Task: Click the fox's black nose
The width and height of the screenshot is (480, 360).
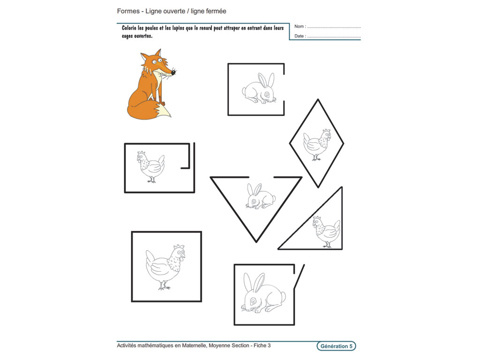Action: tap(173, 73)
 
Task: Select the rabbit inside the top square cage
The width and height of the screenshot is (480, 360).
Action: tap(258, 89)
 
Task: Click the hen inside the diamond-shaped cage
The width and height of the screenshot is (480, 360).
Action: tap(316, 144)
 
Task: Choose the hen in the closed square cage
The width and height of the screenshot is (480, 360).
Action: tap(165, 267)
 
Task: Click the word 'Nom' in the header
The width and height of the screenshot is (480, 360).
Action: tap(299, 26)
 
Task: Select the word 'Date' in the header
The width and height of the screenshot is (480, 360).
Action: tap(300, 36)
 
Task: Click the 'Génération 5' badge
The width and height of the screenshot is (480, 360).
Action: tap(336, 346)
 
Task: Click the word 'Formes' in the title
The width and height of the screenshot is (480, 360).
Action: tap(128, 11)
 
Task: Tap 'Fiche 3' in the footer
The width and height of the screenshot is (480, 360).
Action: tap(262, 346)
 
